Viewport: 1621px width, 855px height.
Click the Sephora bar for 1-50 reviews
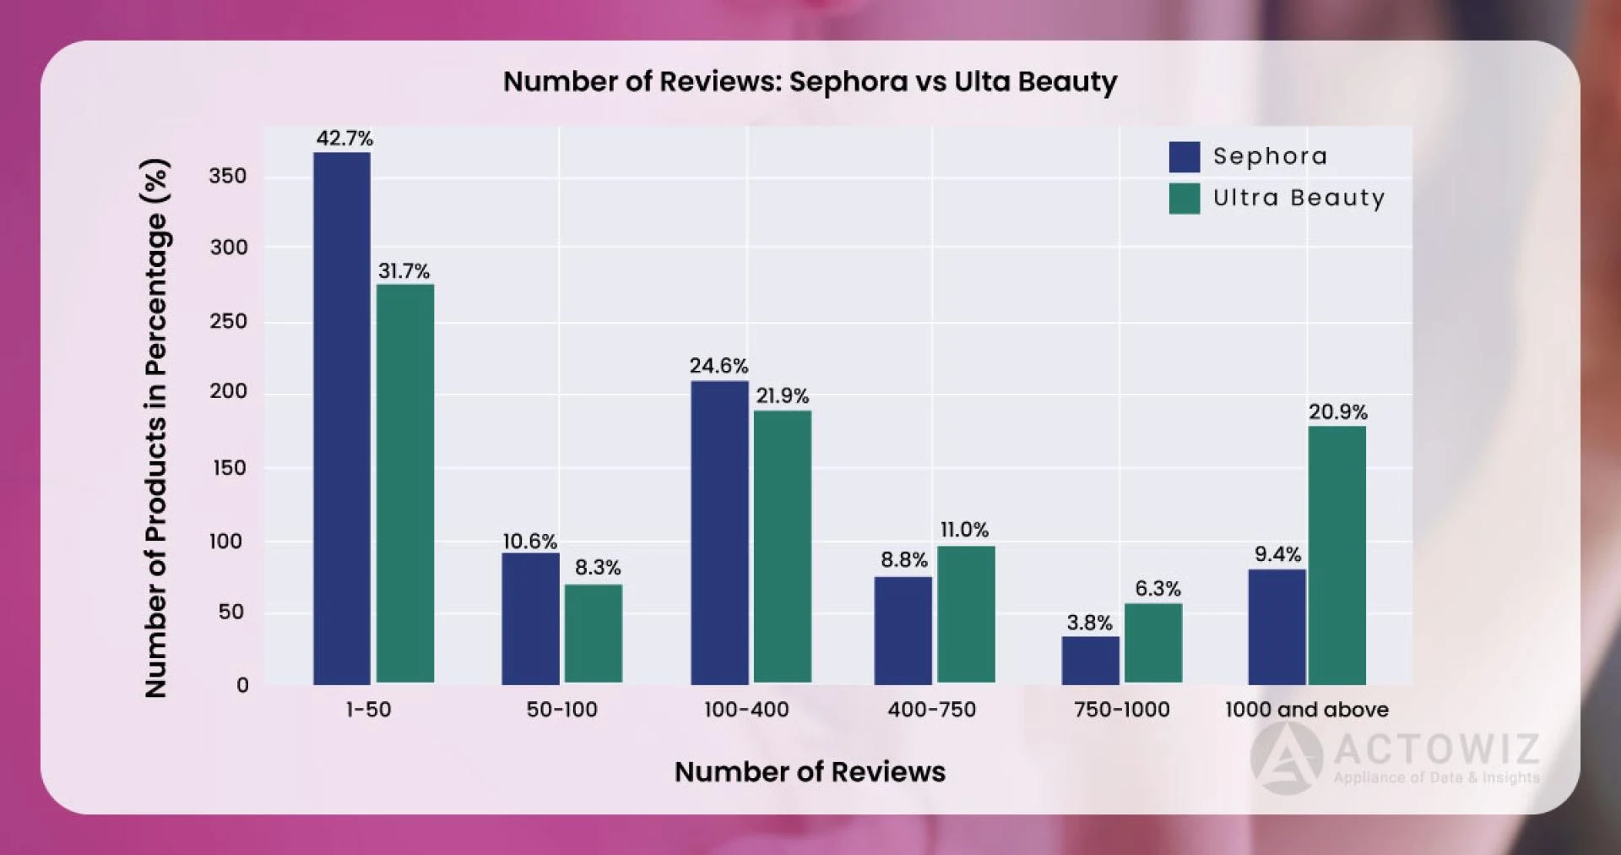[342, 418]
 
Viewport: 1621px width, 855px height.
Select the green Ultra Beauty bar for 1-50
[405, 483]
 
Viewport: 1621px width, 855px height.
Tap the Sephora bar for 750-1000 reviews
[1090, 660]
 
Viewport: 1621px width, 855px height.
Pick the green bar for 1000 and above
[1336, 555]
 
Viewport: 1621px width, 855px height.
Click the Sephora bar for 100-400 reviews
[719, 532]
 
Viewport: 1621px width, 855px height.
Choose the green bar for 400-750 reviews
[966, 614]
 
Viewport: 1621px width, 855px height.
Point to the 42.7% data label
[344, 139]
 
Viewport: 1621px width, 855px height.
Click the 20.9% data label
[1337, 412]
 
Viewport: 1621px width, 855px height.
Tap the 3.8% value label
[1089, 623]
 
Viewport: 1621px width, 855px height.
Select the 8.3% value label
[598, 568]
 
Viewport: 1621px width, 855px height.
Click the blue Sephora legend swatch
[1184, 157]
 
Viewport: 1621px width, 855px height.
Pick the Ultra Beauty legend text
[1298, 199]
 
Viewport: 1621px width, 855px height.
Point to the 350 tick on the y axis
[228, 176]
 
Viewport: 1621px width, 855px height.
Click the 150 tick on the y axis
[228, 467]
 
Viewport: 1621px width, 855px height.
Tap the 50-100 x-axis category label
[561, 710]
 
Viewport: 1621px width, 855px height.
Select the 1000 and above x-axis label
[1306, 710]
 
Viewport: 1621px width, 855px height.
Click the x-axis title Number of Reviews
[810, 771]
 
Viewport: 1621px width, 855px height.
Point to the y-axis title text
[157, 427]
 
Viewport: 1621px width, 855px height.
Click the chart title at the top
[810, 82]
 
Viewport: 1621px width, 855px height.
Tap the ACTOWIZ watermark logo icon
[1287, 758]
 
